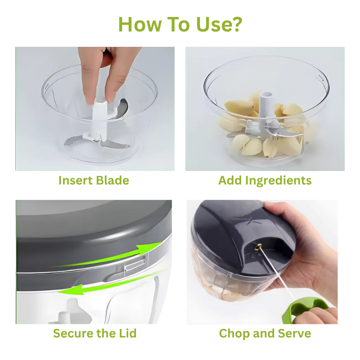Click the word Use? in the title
(219, 24)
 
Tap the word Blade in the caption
(112, 180)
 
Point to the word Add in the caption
(230, 180)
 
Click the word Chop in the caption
(234, 333)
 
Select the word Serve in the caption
(295, 333)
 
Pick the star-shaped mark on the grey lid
(250, 220)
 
